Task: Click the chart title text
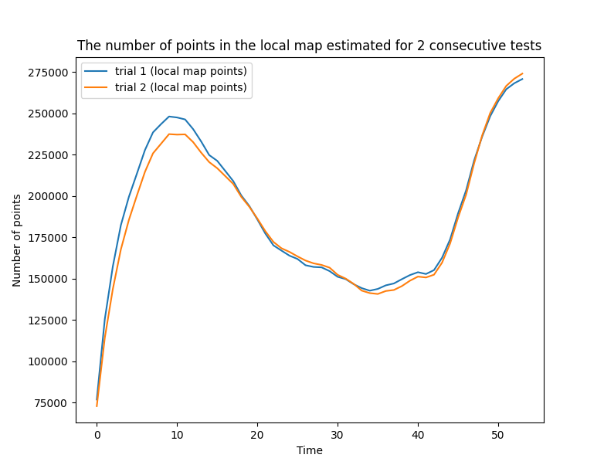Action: (309, 46)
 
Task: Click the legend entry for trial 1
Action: (181, 72)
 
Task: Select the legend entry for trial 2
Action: (181, 87)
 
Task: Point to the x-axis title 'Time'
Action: (309, 450)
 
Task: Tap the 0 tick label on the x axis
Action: (97, 435)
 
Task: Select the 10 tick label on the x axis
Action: (177, 435)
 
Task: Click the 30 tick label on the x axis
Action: (338, 435)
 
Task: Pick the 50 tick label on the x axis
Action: (498, 435)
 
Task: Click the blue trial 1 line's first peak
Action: (169, 117)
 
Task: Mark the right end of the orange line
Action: (522, 73)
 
